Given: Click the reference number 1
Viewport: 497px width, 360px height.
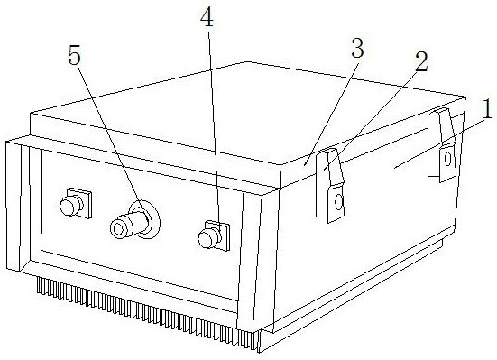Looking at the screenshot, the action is [x=487, y=109].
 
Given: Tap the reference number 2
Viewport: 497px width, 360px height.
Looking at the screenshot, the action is [x=421, y=60].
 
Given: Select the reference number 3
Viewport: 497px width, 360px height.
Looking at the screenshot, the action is [x=357, y=48].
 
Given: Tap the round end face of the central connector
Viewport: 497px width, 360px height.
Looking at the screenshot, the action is [x=119, y=229].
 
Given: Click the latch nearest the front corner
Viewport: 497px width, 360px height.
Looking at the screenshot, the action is [x=330, y=186].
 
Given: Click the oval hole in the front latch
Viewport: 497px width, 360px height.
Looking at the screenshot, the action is [x=339, y=201].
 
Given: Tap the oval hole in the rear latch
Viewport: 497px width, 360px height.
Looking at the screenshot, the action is [x=447, y=159].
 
